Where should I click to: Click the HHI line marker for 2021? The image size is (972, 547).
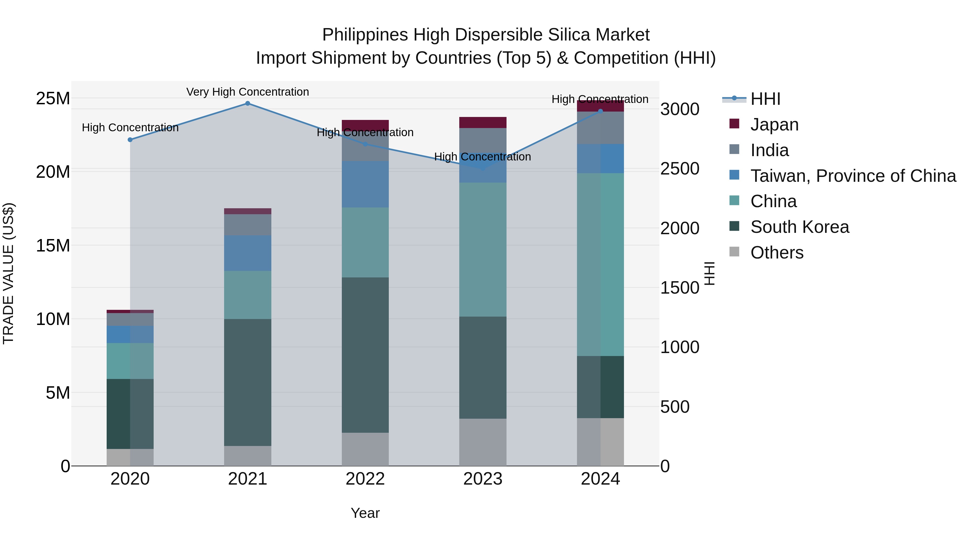coord(248,103)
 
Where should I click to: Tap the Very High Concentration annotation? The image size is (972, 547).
coord(248,92)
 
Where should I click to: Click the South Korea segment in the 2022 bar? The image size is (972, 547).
coord(365,355)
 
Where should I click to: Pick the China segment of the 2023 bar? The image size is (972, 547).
coord(482,250)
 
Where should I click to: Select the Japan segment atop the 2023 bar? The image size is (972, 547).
coord(482,122)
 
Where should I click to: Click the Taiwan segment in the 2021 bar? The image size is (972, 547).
coord(248,253)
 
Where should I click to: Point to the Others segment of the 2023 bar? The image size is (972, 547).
coord(482,442)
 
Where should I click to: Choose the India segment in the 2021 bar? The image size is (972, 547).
coord(248,225)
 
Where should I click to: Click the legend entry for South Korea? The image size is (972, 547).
coord(799,227)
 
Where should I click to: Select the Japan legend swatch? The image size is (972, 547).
coord(734,124)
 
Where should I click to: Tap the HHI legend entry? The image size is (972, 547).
coord(765,99)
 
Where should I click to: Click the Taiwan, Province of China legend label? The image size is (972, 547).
coord(853,176)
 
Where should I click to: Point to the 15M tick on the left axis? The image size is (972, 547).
coord(53,245)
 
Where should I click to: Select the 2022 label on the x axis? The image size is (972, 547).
coord(365,479)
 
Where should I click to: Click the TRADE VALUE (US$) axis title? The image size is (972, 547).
coord(9,273)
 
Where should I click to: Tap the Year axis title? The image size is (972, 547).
coord(365,513)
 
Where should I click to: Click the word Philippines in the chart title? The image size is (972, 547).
coord(364,35)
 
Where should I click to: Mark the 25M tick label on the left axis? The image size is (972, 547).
coord(53,99)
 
